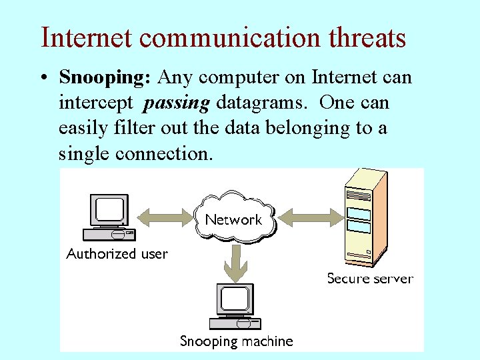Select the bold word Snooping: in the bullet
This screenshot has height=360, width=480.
[105, 78]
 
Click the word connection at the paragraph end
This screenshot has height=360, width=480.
[165, 153]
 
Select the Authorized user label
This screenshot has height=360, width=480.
[117, 253]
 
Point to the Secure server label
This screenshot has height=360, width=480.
[370, 278]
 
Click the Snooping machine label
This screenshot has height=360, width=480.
[237, 341]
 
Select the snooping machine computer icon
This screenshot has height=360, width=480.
[235, 307]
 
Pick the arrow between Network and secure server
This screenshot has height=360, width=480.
[308, 216]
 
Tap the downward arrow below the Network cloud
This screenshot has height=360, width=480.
[234, 262]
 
